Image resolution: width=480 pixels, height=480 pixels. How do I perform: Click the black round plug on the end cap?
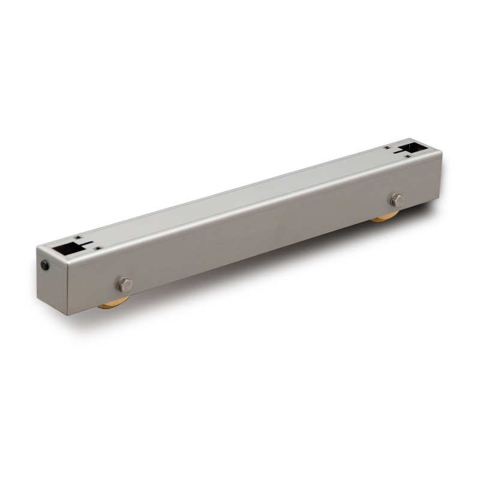click(46, 265)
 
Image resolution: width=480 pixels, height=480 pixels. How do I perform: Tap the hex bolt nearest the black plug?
click(124, 284)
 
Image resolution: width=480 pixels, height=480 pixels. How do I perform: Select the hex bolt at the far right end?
click(397, 200)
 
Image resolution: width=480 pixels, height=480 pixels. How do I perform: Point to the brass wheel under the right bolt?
click(384, 217)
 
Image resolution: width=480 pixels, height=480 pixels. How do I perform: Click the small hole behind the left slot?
click(77, 238)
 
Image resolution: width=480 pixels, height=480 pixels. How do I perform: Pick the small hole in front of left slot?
click(97, 248)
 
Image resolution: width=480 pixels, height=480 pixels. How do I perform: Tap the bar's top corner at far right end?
click(442, 151)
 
